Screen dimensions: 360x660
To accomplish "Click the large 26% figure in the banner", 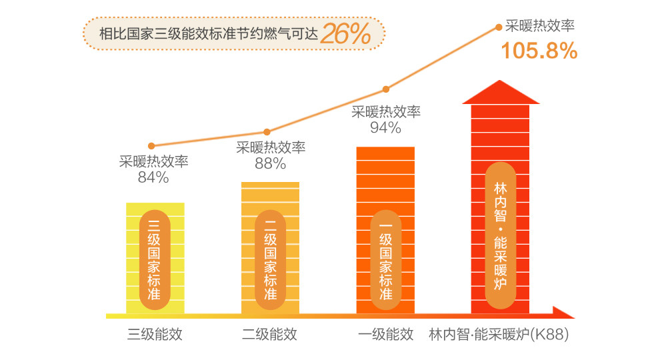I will pos(345,33).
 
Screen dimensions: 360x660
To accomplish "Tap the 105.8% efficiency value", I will pos(539,51).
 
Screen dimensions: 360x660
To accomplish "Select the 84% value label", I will pos(153,177).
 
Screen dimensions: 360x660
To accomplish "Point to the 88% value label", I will pos(270,163).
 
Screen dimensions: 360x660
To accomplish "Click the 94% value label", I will pos(385,127).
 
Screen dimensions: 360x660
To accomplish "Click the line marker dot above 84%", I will pos(152,145).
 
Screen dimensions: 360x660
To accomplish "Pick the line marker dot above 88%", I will pos(267,132).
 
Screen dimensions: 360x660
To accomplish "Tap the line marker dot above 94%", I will pos(385,89).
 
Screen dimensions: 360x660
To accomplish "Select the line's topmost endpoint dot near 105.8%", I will pos(499,27).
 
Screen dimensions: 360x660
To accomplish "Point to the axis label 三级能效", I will pos(155,334).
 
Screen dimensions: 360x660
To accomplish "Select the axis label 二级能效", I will pos(269,334).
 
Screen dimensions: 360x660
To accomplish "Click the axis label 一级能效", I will pos(385,334).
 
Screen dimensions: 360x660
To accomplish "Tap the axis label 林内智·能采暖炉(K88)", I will pos(499,334).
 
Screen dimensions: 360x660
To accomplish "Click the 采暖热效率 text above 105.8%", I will pos(540,27).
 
